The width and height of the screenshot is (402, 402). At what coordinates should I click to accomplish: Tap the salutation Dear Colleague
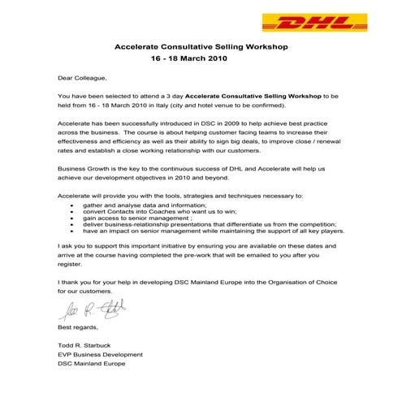click(x=82, y=79)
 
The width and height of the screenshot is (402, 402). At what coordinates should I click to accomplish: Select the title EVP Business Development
click(x=97, y=355)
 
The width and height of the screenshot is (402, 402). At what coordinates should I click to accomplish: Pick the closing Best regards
click(x=77, y=327)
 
